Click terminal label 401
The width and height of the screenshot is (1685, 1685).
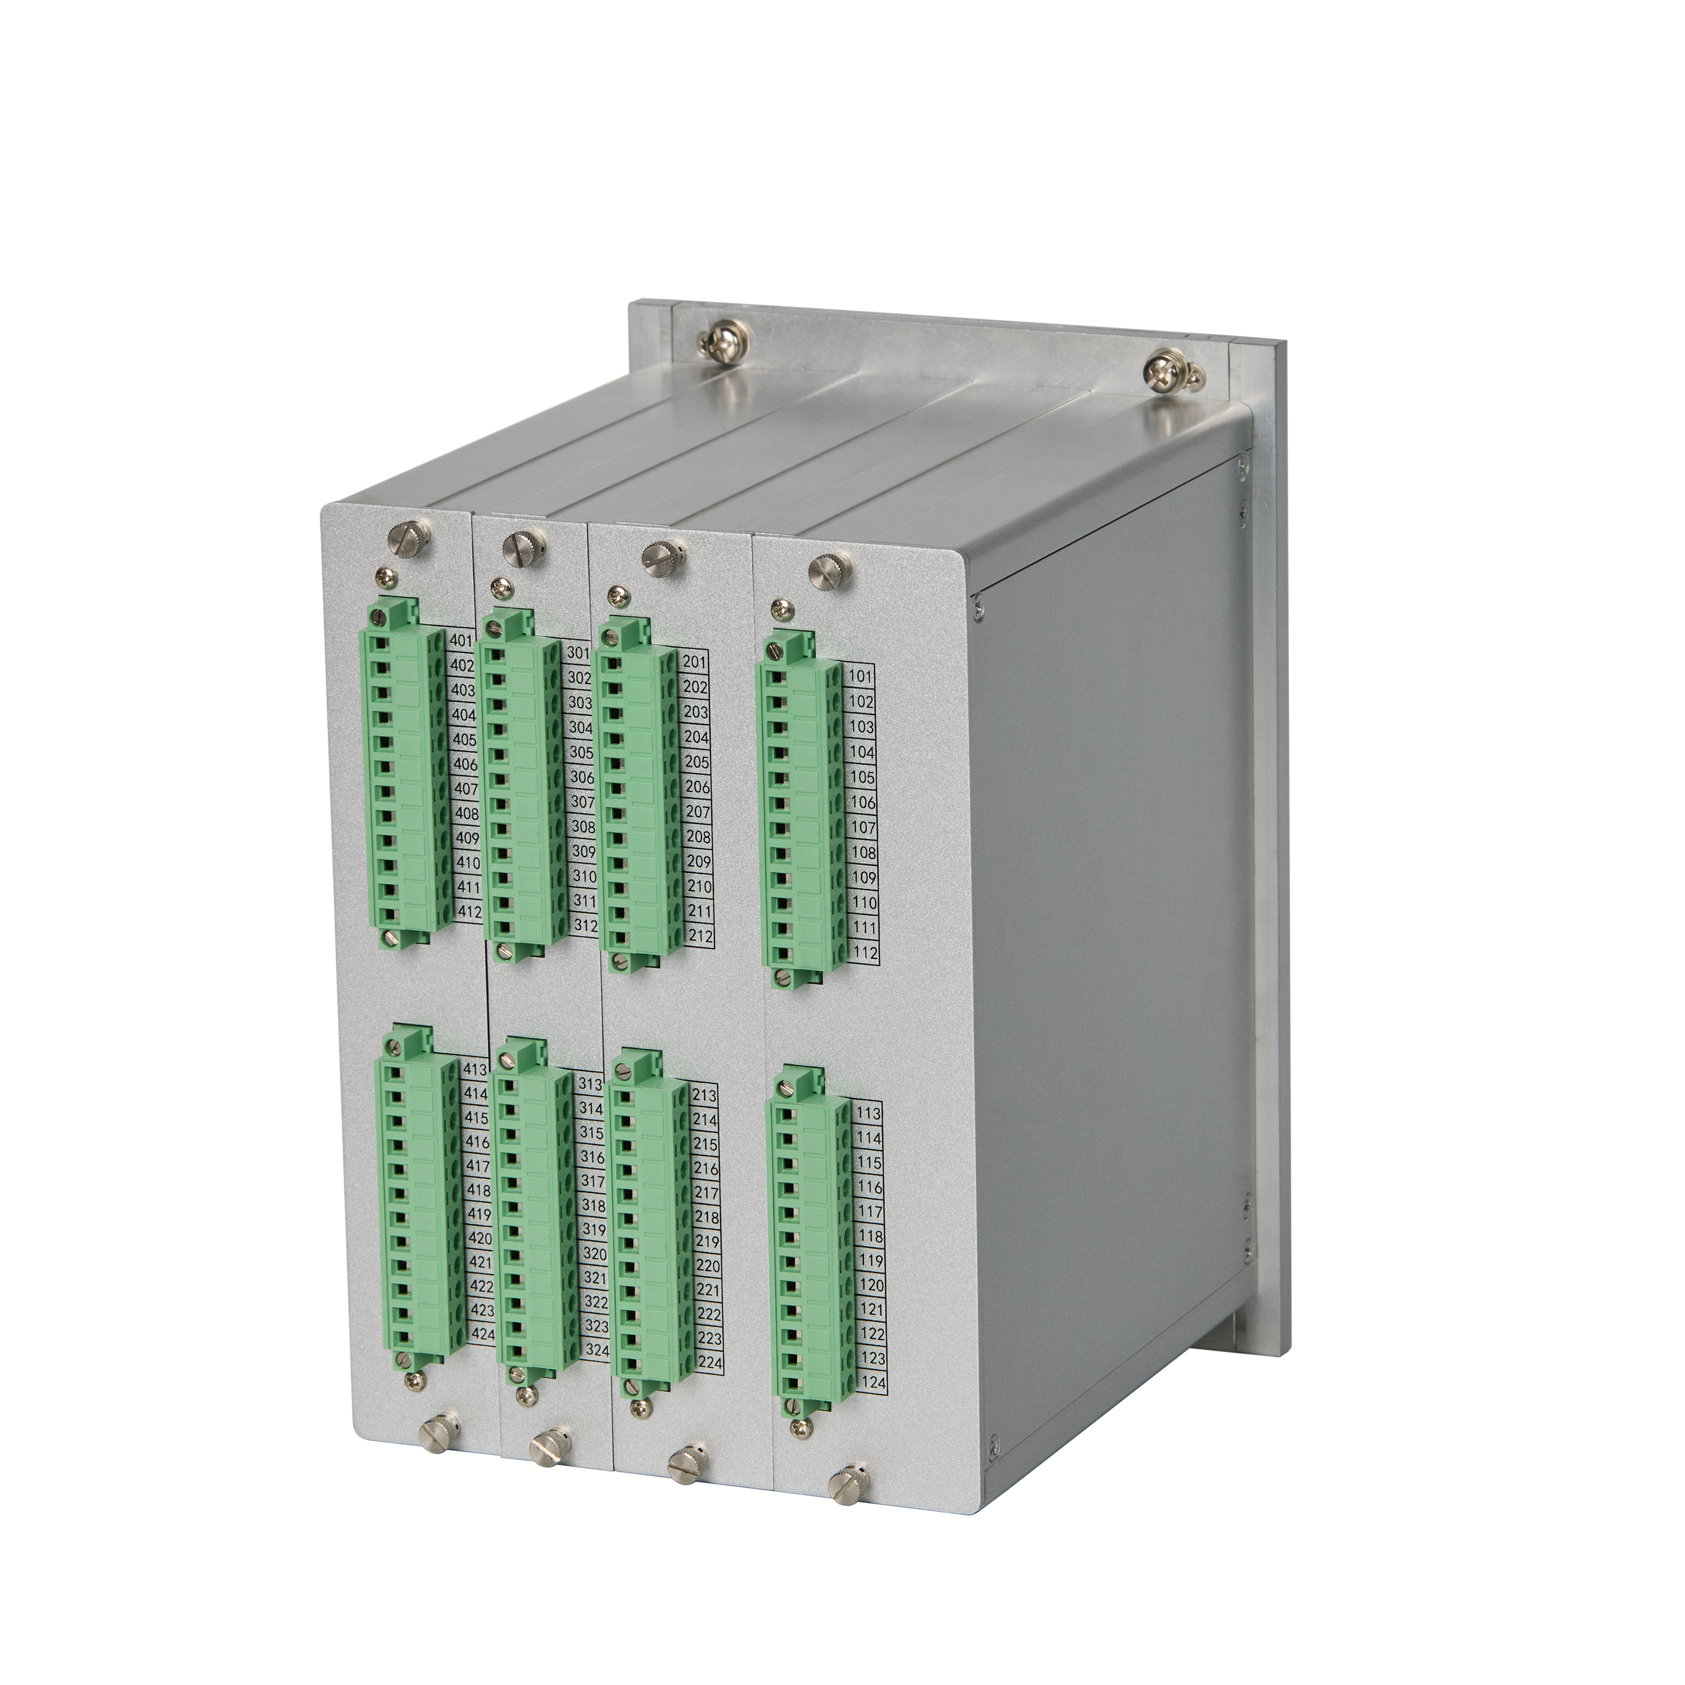coord(461,641)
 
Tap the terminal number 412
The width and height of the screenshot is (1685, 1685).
coord(470,912)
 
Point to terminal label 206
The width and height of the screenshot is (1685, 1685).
coord(697,787)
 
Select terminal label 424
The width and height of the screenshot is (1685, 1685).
coord(482,1359)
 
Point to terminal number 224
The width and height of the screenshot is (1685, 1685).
coord(711,1386)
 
